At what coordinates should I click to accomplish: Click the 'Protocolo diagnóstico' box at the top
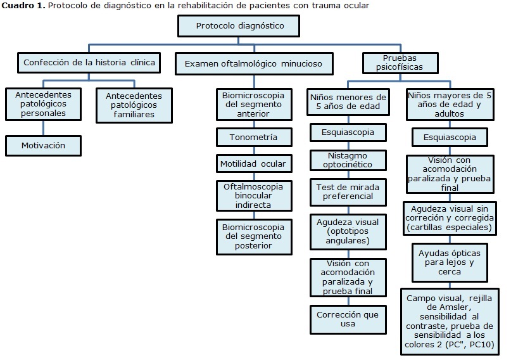[x=239, y=27]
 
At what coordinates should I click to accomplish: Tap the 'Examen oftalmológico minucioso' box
[x=253, y=63]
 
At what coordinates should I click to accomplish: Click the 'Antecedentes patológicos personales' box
[x=44, y=104]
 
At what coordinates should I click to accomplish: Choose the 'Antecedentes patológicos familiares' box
[x=134, y=105]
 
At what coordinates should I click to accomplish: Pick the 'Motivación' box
[x=44, y=145]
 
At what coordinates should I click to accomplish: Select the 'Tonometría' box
[x=253, y=137]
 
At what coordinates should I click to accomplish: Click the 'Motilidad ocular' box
[x=253, y=164]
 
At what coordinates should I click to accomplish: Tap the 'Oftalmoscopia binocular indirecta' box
[x=253, y=196]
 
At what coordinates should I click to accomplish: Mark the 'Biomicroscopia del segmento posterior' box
[x=253, y=236]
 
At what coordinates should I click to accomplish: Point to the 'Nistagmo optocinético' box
[x=348, y=160]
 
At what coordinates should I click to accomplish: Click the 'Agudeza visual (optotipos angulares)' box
[x=348, y=232]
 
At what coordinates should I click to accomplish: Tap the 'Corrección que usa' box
[x=348, y=318]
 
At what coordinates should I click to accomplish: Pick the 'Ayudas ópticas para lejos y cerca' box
[x=450, y=262]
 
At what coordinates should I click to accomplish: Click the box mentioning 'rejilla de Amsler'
[x=450, y=322]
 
